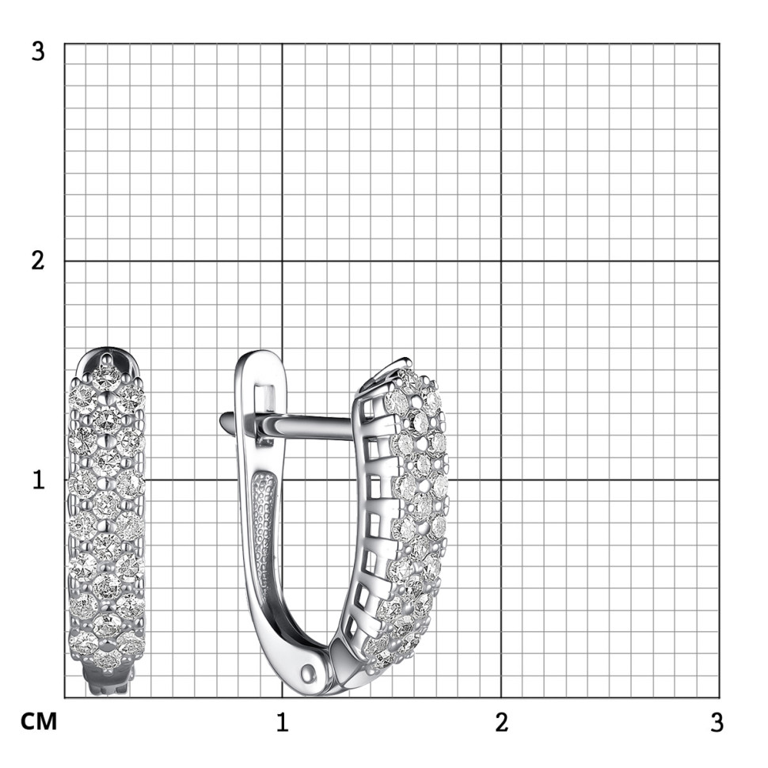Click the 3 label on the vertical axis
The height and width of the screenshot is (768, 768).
coord(38,51)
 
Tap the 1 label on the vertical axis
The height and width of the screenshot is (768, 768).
coord(39,480)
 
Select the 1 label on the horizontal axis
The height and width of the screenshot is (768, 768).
coord(282,722)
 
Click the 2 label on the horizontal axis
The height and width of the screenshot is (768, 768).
coord(501,722)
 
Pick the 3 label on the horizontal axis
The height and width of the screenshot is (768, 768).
coord(717,722)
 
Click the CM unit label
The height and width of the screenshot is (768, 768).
coord(39,722)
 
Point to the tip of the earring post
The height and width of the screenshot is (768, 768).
coord(222,420)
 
